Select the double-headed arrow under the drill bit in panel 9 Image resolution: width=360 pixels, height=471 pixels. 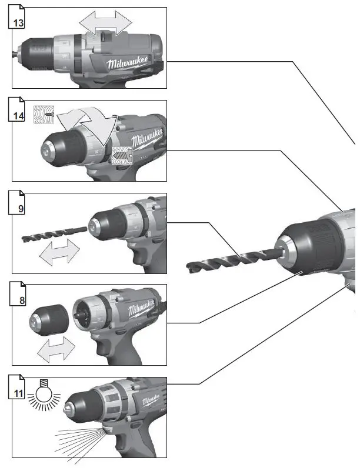(x=58, y=253)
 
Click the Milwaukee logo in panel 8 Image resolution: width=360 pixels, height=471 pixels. (x=140, y=308)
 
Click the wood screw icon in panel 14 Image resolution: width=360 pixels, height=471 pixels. (x=44, y=115)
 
